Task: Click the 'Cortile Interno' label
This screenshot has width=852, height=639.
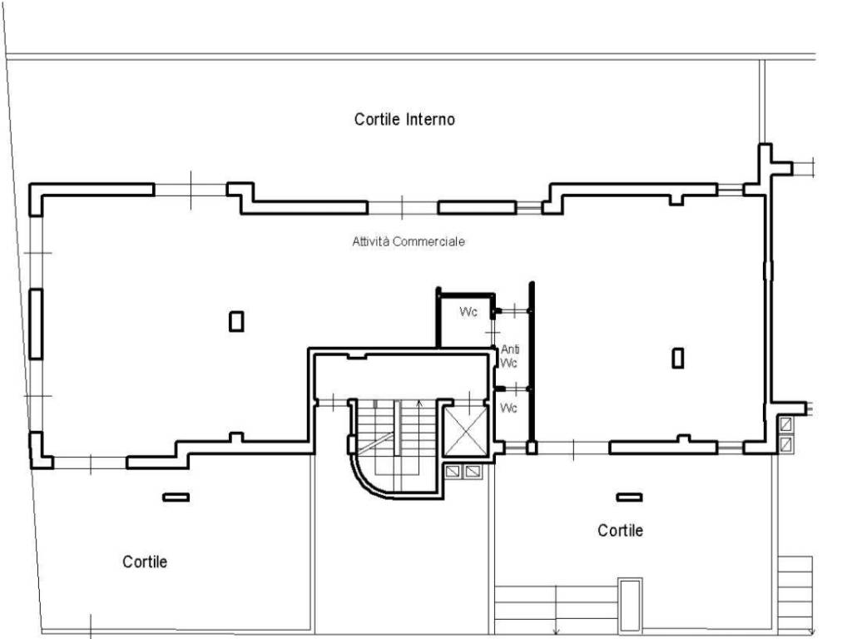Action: (404, 119)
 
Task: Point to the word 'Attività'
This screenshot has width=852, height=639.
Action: (370, 241)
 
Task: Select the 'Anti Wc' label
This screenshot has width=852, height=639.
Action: (510, 356)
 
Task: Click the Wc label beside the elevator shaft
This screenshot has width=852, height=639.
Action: (508, 408)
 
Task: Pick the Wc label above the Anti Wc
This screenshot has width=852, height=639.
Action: (468, 311)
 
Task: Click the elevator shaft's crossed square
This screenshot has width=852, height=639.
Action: (466, 432)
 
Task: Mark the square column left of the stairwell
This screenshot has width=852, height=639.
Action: (236, 321)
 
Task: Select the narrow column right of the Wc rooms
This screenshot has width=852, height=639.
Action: (677, 358)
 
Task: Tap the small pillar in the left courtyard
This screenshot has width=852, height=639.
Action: (176, 497)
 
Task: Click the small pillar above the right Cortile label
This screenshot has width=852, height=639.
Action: (629, 497)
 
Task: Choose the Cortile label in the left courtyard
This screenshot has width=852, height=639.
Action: (145, 562)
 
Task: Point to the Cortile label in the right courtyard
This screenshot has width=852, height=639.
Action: (620, 530)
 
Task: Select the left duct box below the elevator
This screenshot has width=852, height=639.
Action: (452, 471)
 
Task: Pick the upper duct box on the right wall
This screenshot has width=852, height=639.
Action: (785, 424)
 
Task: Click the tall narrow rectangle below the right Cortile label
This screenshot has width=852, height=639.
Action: (631, 604)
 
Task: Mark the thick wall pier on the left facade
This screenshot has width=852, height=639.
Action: (36, 324)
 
